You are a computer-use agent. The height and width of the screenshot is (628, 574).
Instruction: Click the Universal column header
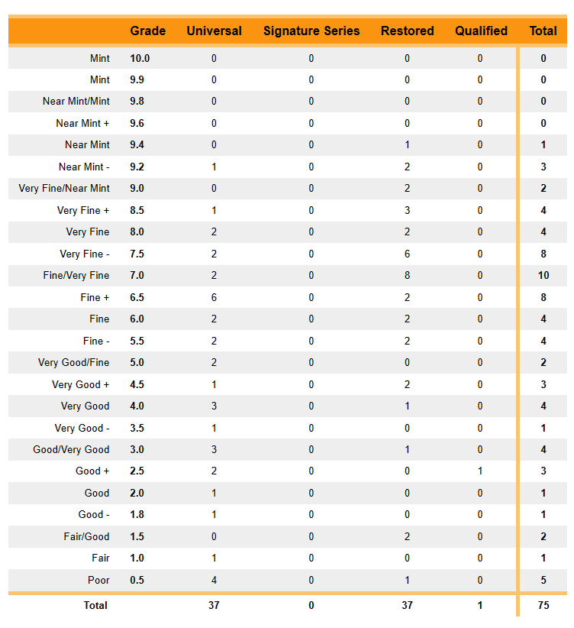214,31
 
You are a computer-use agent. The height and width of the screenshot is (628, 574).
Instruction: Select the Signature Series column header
311,31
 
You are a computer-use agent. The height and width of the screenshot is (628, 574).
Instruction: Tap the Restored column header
407,31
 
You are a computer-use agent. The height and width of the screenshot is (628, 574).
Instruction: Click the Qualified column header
481,31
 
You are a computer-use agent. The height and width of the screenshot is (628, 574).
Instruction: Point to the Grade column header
148,31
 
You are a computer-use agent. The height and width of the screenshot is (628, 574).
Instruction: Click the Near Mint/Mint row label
76,102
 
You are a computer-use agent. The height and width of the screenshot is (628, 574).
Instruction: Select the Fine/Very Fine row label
76,276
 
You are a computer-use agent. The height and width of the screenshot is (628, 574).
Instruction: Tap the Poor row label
98,581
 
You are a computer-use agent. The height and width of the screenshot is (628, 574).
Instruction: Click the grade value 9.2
137,167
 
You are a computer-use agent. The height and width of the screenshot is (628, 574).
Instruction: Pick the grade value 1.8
137,515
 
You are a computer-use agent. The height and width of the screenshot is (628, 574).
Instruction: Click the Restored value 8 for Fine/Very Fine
407,276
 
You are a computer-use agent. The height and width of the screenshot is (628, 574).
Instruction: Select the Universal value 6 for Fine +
214,298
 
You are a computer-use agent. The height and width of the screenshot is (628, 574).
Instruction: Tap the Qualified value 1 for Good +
480,471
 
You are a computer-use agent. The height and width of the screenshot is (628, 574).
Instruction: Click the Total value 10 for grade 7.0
543,276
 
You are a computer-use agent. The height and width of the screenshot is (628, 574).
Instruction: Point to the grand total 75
543,606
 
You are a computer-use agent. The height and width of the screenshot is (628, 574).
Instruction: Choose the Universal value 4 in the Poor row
214,581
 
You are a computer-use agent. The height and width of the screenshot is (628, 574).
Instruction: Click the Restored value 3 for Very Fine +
407,211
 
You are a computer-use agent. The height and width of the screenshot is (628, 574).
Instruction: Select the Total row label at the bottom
95,606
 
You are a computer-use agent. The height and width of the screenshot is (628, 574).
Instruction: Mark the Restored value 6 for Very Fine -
407,254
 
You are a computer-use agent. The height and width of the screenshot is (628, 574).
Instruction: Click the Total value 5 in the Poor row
543,581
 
